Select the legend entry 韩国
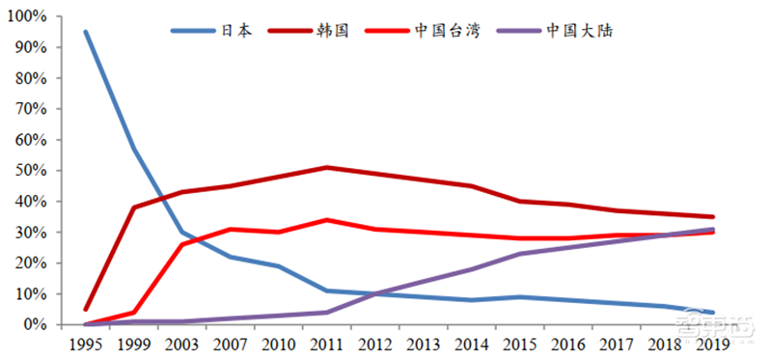click(328, 30)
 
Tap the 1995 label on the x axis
click(85, 343)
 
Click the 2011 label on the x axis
click(328, 343)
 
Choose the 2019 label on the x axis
click(712, 343)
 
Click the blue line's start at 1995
click(85, 32)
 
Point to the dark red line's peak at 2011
click(328, 167)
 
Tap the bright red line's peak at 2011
click(328, 220)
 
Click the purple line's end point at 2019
click(712, 229)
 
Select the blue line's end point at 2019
click(712, 312)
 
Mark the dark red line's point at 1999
click(133, 208)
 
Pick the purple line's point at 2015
click(520, 254)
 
